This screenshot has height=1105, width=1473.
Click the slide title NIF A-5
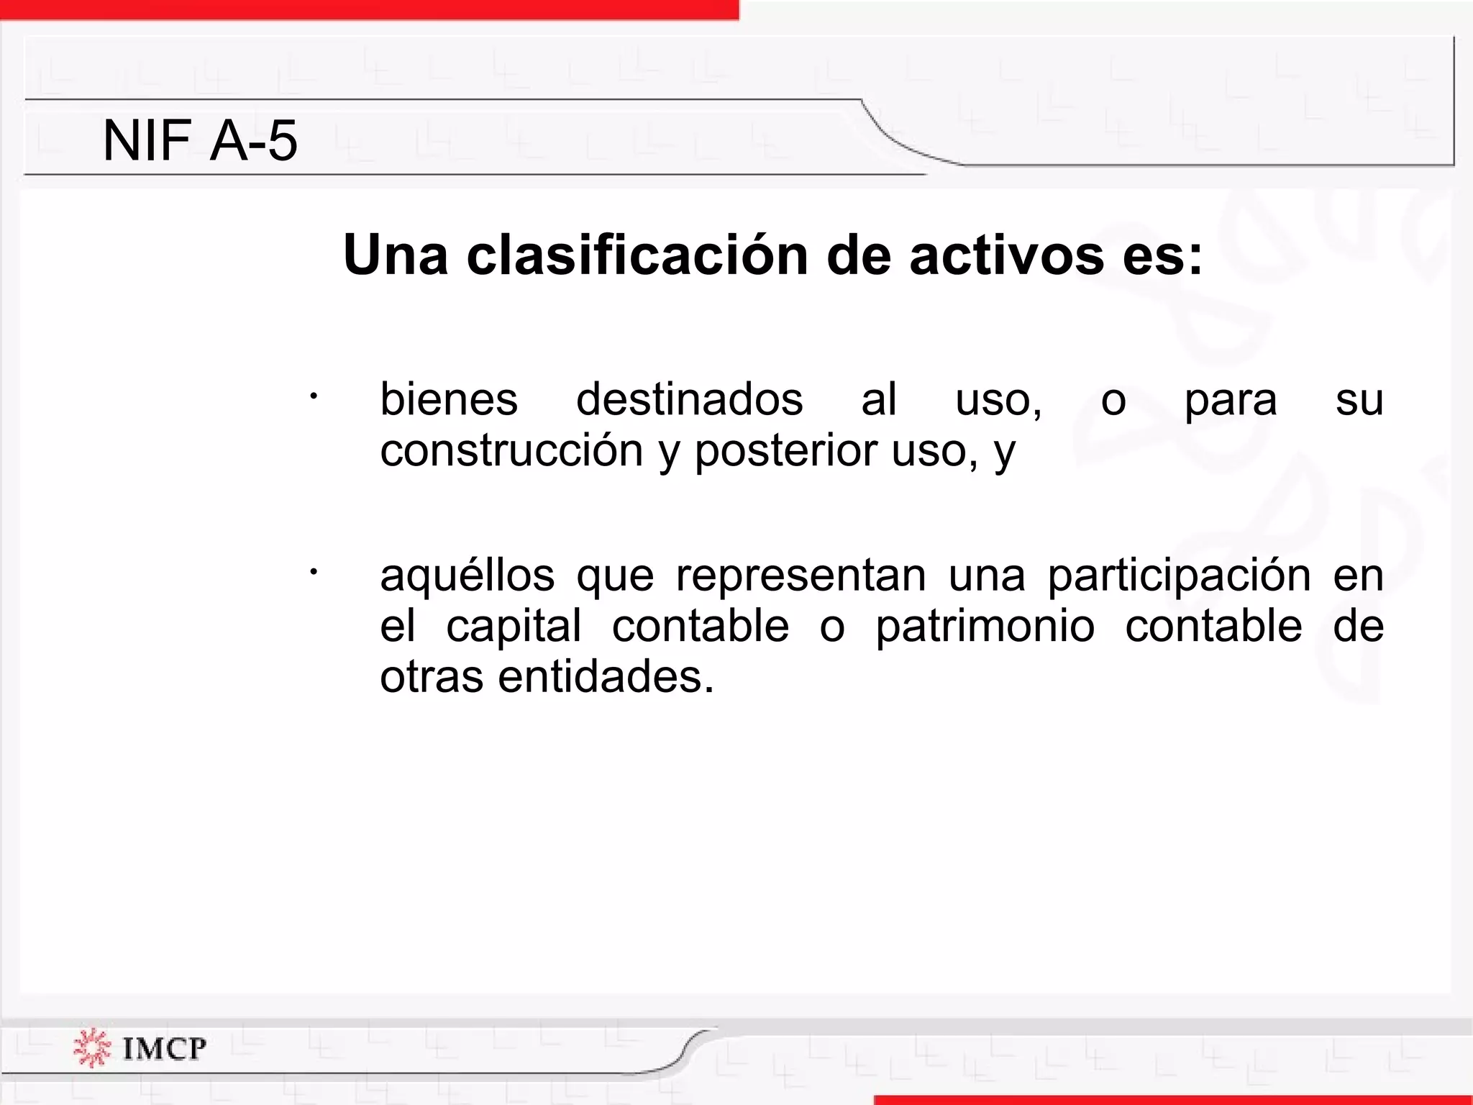[200, 140]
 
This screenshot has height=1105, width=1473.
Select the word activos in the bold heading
[1006, 255]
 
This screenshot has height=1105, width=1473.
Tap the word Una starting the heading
[395, 255]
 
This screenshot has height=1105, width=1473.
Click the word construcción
[511, 451]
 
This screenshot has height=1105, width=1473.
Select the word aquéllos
[468, 576]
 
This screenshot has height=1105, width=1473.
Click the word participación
[1179, 576]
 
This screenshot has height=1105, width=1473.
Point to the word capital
[514, 626]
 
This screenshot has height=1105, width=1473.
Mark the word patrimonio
[985, 626]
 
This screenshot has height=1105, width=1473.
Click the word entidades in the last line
[606, 677]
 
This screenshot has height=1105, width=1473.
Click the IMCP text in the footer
[165, 1048]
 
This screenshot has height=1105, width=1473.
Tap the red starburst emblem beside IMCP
[91, 1048]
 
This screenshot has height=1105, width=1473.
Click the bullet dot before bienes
[313, 396]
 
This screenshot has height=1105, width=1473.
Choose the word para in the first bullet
[1231, 401]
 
